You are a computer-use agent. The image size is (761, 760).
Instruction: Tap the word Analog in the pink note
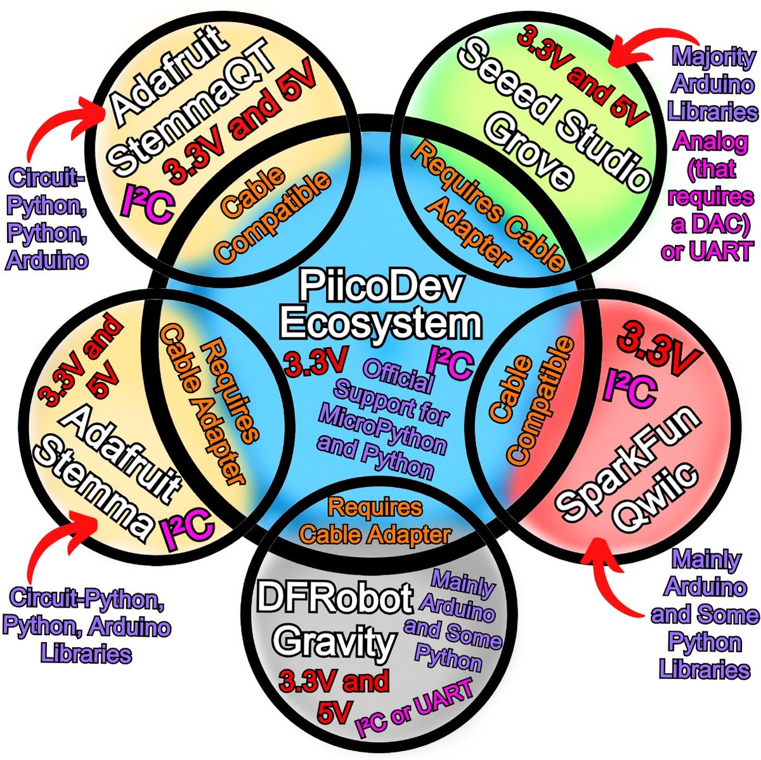tap(711, 141)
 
